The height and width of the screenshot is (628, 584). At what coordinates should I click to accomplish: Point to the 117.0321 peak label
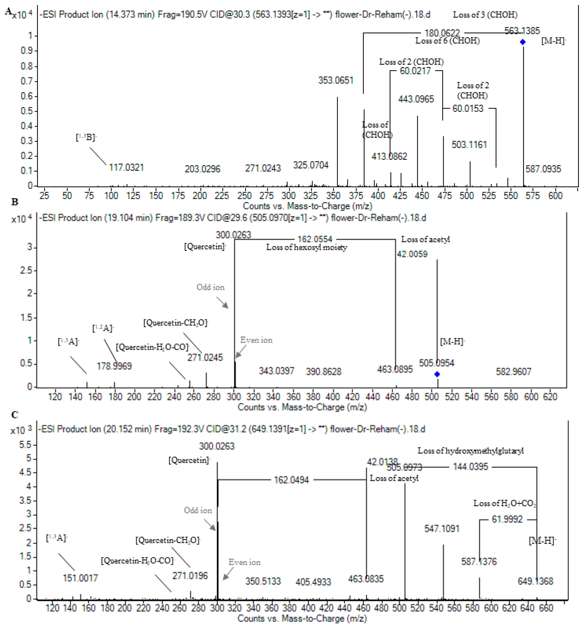[x=126, y=167]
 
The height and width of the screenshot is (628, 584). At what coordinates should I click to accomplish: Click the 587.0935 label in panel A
[x=543, y=169]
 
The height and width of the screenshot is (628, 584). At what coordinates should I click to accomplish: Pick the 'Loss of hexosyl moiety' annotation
[x=306, y=247]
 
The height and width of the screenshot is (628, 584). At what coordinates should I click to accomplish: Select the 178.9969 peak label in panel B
[x=114, y=366]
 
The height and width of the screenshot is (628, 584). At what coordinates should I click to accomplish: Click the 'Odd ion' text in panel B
[x=210, y=287]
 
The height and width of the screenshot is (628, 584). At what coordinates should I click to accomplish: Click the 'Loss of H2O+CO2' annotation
[x=504, y=503]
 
